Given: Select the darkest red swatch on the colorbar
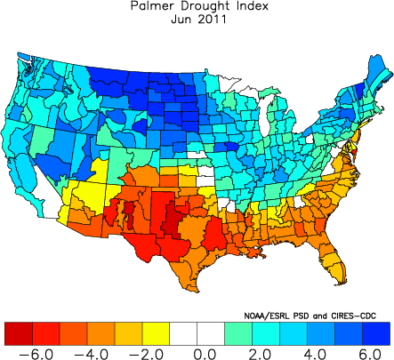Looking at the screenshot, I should [17, 332].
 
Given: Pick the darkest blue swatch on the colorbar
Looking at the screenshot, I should [376, 332].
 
